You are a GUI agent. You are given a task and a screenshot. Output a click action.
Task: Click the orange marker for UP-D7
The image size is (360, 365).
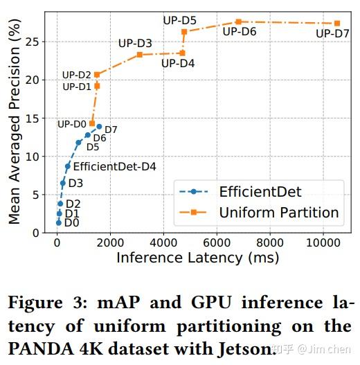336,24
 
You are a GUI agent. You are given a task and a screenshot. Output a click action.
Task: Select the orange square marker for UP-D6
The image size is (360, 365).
238,22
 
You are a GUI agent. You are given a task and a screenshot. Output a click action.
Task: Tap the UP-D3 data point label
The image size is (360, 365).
135,43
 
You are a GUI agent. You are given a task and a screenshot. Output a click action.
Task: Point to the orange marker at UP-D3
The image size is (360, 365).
140,54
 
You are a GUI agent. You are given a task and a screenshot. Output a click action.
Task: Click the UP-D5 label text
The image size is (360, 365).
179,20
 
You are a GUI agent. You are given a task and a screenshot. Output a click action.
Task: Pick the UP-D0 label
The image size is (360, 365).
71,124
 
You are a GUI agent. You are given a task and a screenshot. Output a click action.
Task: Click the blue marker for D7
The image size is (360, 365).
99,127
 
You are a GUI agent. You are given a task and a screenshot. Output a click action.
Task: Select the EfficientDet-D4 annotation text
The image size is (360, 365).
114,166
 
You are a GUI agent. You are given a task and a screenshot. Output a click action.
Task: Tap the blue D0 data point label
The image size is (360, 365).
71,223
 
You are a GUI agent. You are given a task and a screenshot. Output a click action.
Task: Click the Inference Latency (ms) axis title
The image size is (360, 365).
197,258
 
